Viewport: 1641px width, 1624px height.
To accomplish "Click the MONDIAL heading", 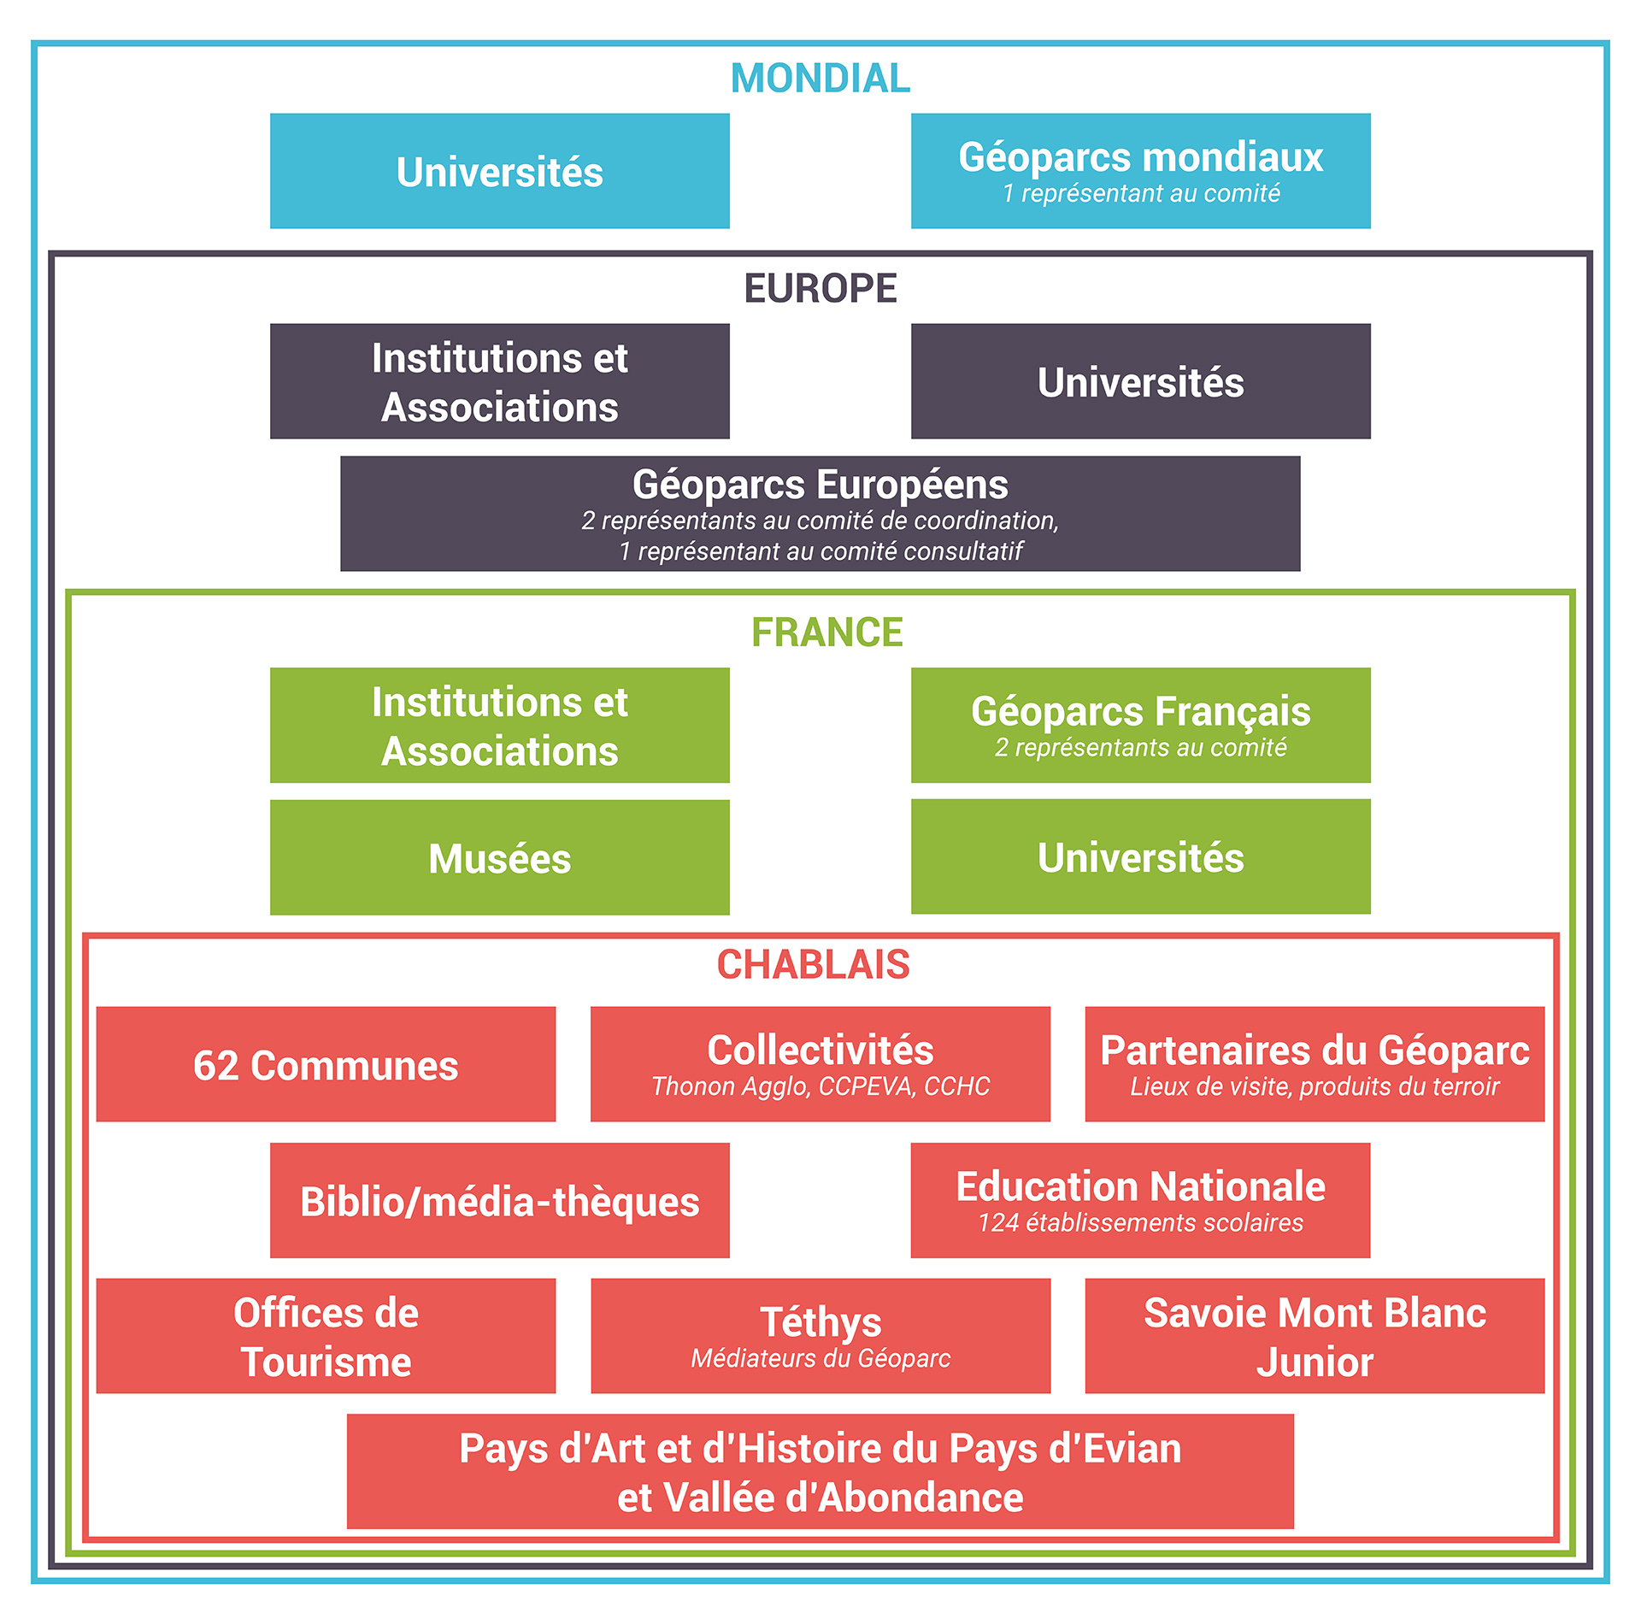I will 820,79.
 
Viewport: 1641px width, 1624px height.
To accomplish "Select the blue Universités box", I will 499,171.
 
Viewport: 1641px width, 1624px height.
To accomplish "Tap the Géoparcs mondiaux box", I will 1140,171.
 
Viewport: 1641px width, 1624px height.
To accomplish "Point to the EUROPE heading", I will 820,288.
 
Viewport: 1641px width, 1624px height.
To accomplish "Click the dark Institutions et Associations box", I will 499,381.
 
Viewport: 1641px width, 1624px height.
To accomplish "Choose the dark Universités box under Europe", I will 1140,381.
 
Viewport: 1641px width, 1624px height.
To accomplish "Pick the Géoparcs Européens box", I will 820,513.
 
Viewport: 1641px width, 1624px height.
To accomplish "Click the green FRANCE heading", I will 826,633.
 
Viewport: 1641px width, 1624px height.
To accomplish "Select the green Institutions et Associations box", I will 499,726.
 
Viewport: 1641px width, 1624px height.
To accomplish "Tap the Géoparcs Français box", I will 1140,726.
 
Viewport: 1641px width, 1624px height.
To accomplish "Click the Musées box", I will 499,857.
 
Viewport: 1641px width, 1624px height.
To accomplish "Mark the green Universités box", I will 1140,856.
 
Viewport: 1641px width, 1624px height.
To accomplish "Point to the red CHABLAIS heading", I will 813,964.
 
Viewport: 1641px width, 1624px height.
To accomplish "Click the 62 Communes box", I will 326,1064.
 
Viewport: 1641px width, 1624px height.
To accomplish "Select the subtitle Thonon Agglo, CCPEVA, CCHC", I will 820,1086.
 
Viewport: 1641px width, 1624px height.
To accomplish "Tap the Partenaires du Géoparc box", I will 1315,1064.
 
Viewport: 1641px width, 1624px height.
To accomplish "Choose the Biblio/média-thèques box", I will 499,1200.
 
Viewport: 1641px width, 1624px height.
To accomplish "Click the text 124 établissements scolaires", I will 1140,1223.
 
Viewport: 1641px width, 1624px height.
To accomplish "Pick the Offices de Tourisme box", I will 326,1336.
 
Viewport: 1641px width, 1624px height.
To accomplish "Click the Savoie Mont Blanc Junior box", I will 1315,1336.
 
